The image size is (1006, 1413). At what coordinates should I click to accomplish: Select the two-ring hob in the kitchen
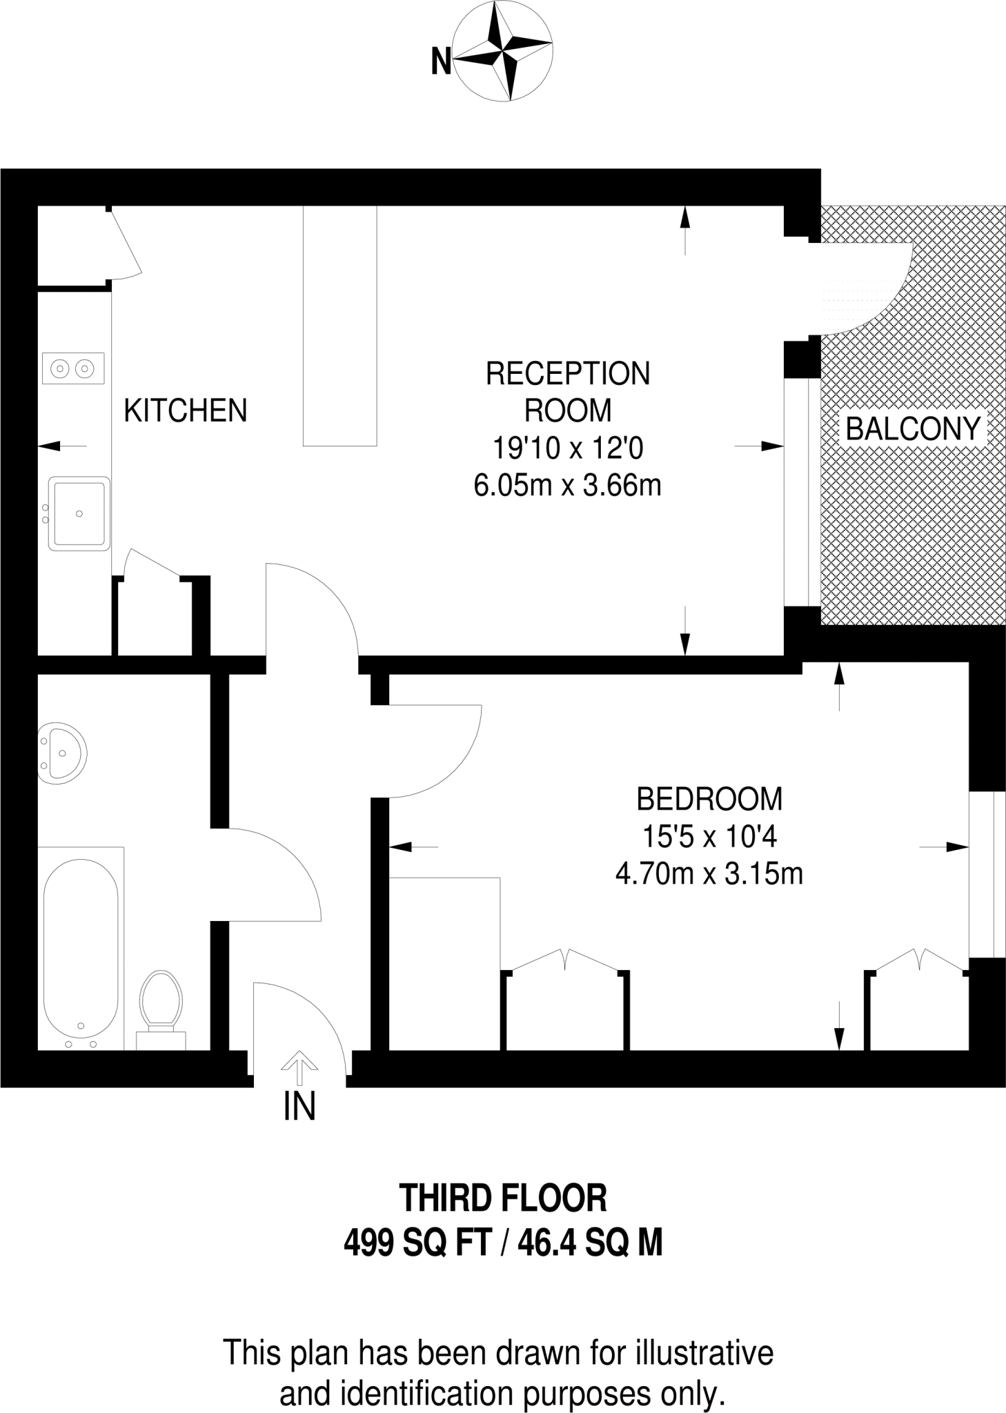click(x=73, y=368)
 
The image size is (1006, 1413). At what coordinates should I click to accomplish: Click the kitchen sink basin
click(x=79, y=513)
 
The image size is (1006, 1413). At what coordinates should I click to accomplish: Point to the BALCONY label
click(x=912, y=429)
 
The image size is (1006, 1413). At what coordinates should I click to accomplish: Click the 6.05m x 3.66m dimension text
click(x=567, y=486)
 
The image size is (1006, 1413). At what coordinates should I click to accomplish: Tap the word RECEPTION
click(x=567, y=374)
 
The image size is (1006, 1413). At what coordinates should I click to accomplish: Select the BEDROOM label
click(x=709, y=799)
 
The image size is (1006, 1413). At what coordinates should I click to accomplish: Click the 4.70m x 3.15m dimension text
click(x=709, y=875)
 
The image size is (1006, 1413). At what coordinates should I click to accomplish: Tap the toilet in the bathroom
click(x=161, y=1001)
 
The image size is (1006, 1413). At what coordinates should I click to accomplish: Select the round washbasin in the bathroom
click(x=62, y=753)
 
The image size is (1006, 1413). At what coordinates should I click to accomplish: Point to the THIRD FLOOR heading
click(x=503, y=1198)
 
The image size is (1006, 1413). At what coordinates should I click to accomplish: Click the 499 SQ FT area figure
click(x=417, y=1244)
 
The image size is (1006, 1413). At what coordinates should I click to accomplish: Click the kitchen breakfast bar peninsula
click(x=340, y=326)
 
